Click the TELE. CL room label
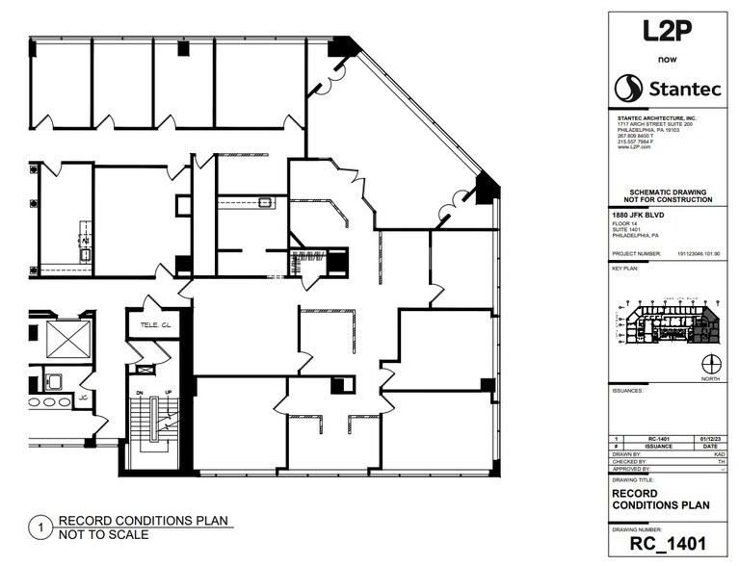153,326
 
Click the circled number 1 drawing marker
40,527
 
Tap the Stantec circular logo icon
628,89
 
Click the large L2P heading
667,31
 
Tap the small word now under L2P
667,59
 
